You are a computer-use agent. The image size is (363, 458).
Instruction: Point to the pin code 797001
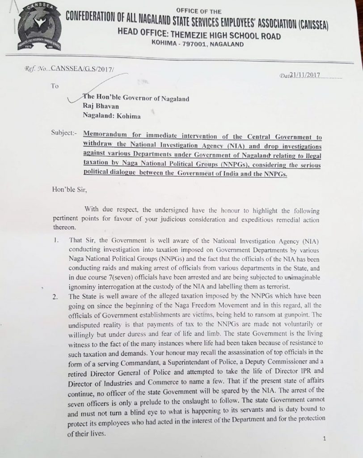click(x=181, y=44)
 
